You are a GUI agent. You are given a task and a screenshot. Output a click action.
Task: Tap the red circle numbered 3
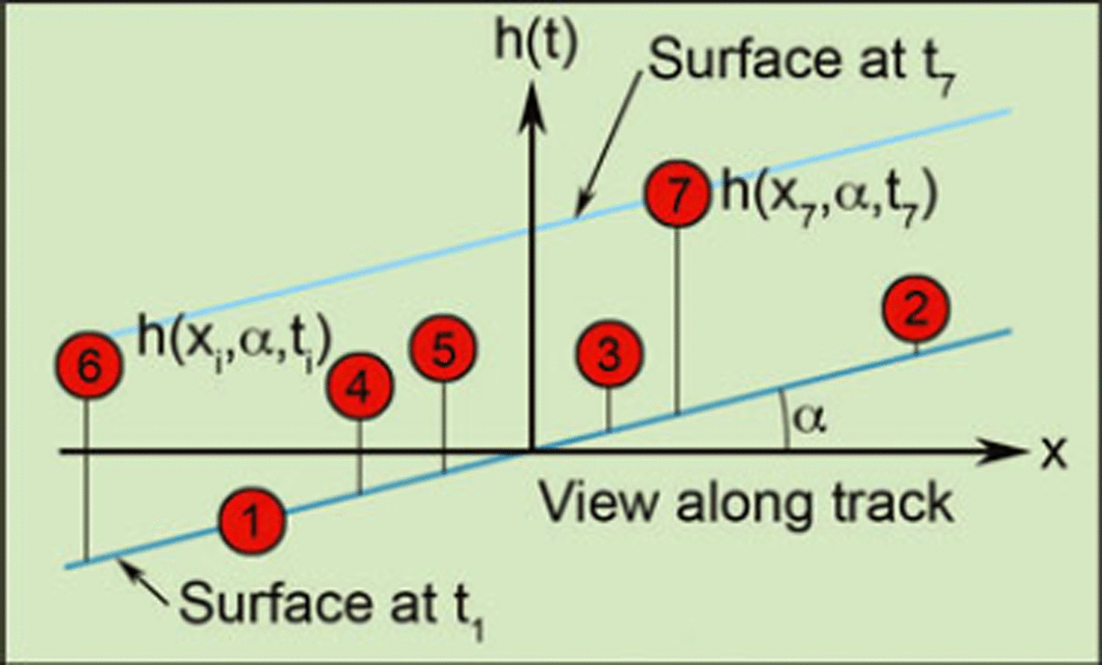click(x=608, y=357)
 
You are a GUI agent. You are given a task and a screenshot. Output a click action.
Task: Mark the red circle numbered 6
click(x=88, y=368)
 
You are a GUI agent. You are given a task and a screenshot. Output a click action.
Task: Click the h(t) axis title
click(x=536, y=45)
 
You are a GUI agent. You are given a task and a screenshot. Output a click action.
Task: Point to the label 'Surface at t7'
click(x=803, y=65)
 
